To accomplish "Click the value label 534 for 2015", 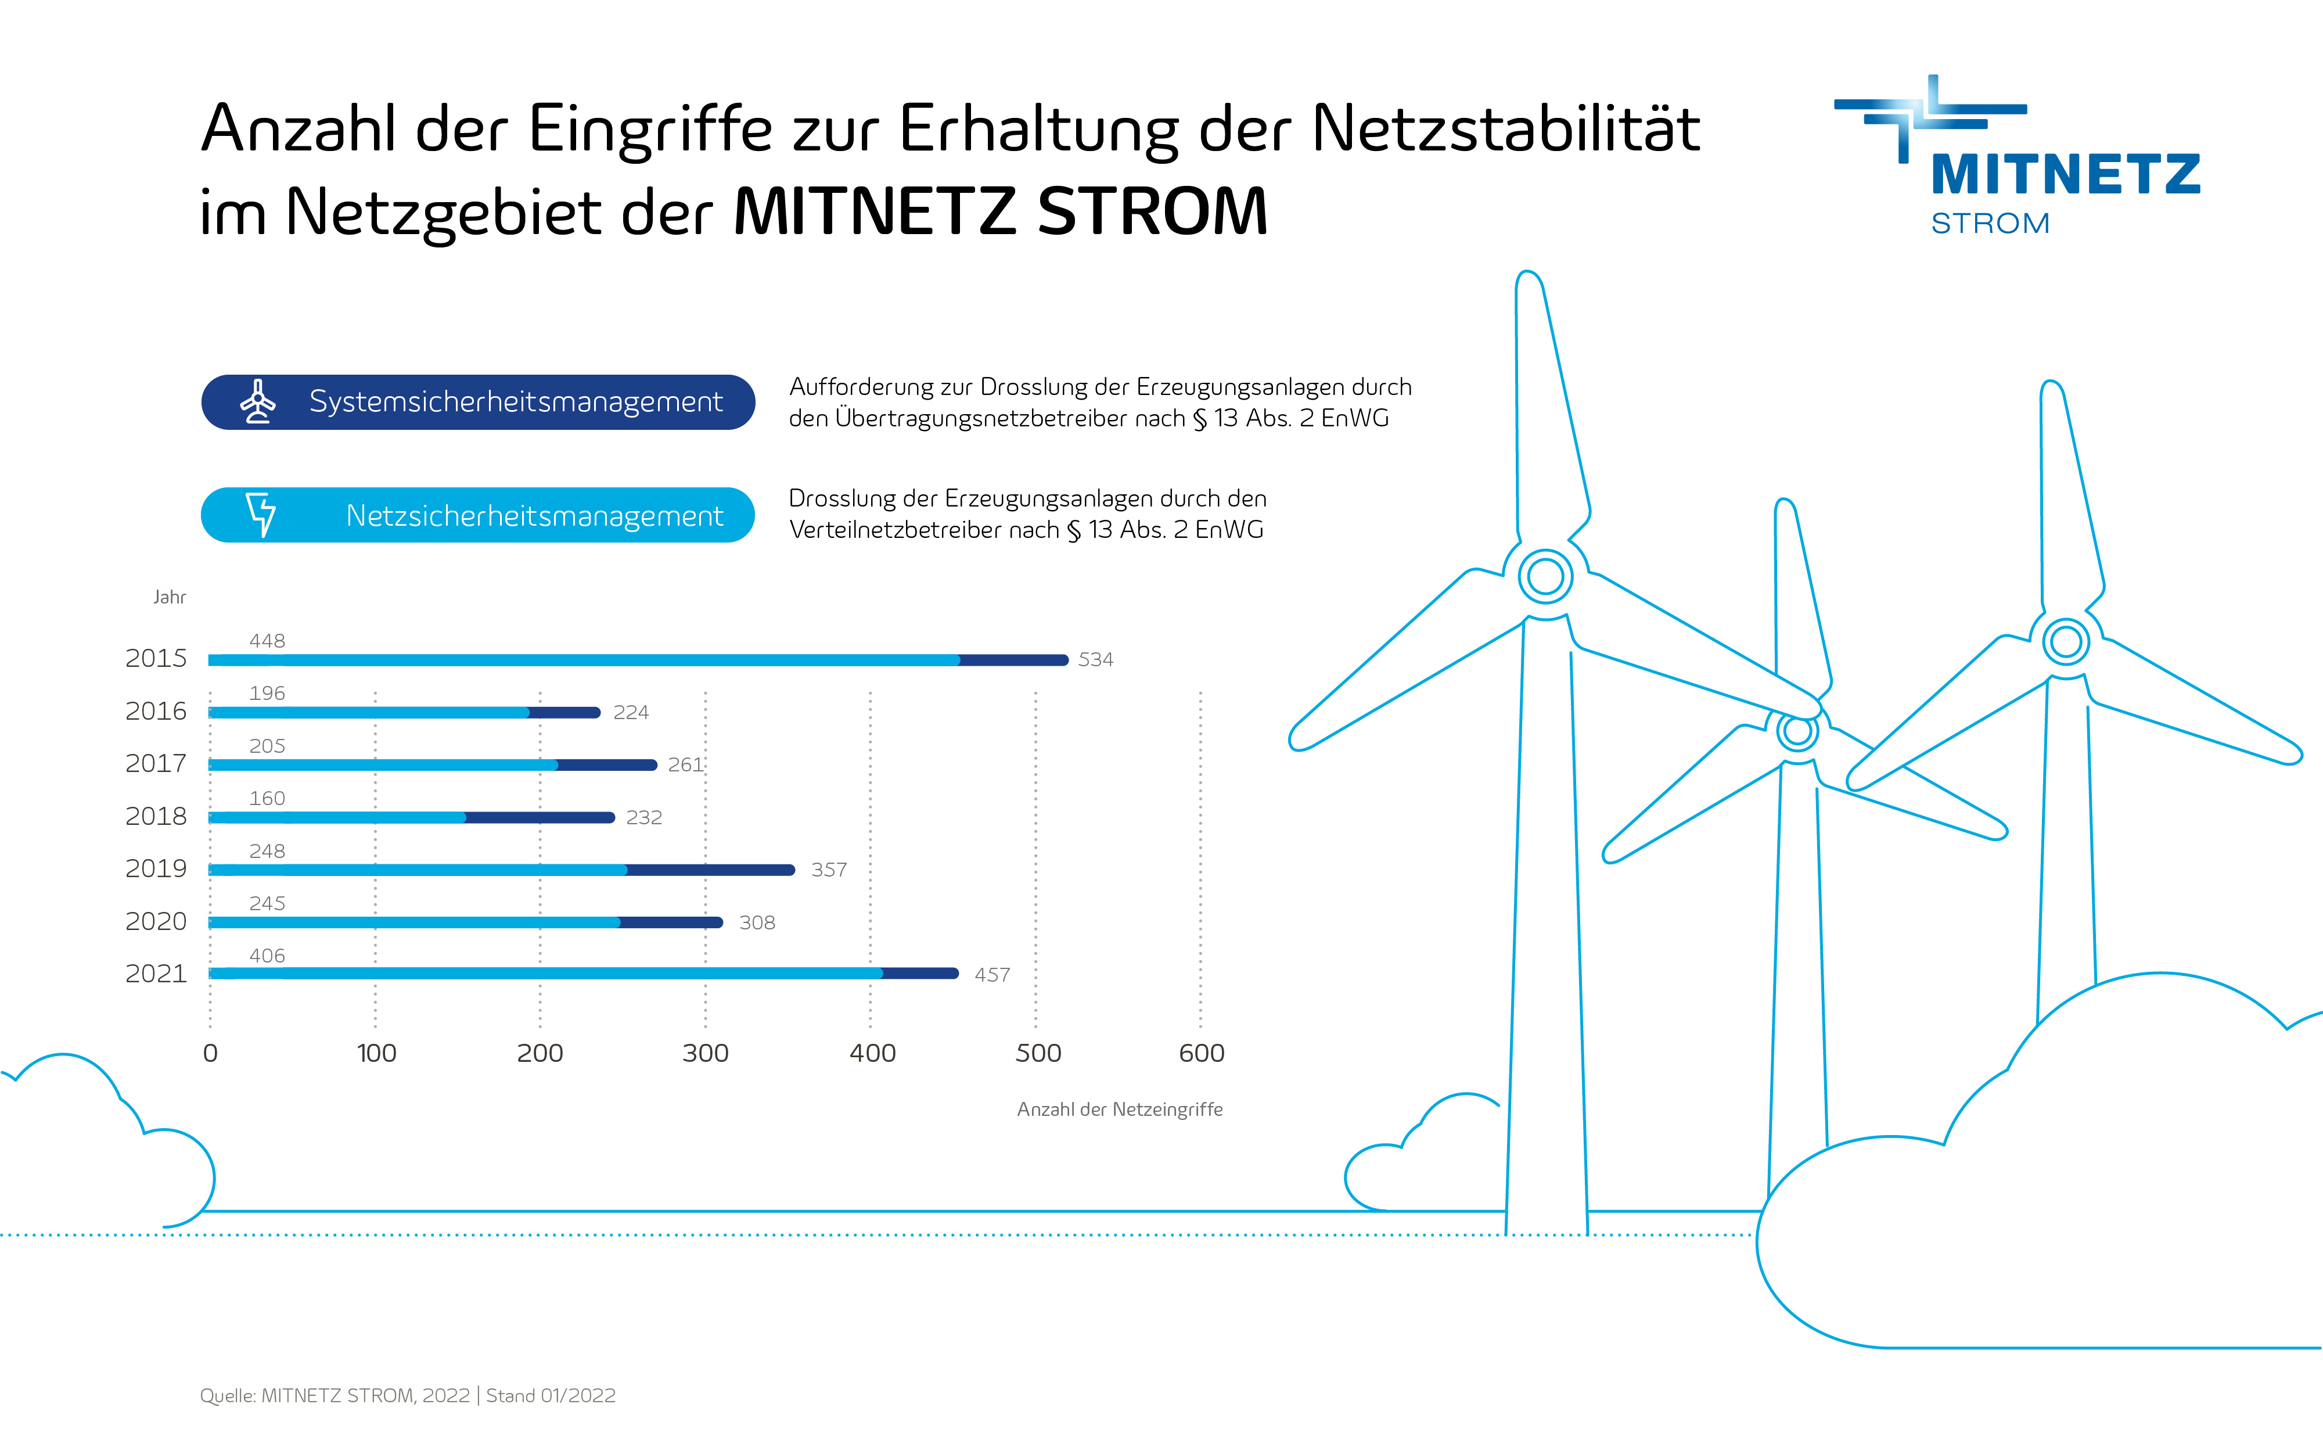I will tap(1095, 659).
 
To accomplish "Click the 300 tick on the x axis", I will tap(705, 1053).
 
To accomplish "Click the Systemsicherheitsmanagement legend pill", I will tap(479, 402).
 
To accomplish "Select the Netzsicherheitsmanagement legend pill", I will tap(479, 515).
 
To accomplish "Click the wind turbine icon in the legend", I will tap(257, 402).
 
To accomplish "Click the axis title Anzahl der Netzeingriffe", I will tap(1120, 1109).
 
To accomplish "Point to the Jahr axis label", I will tap(170, 597).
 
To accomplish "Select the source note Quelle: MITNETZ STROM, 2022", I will tap(335, 1395).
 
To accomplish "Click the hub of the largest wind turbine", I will tap(1545, 576).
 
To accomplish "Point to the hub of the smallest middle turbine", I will tap(1798, 731).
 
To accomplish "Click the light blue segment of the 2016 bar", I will tap(368, 712).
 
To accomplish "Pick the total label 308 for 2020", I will tap(757, 922).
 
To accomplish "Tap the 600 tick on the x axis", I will tap(1201, 1053).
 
